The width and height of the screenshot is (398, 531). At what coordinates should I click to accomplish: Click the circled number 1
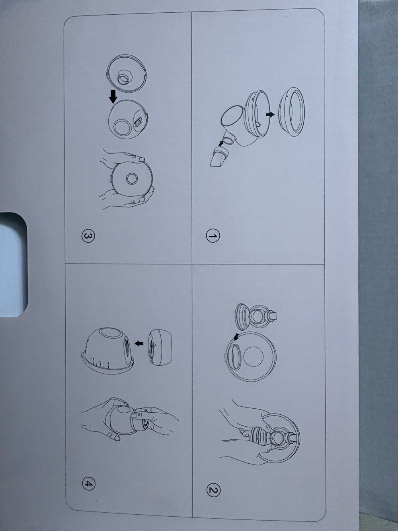pos(213,236)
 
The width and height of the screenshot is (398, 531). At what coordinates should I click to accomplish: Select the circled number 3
pos(88,236)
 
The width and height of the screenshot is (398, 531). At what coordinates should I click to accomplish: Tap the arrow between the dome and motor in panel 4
pos(139,343)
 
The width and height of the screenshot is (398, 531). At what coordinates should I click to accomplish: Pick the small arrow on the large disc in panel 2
pos(236,337)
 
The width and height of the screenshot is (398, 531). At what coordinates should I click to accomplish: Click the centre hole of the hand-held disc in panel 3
pos(132,178)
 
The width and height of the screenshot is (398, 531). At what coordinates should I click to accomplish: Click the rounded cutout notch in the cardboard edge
pos(13,265)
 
